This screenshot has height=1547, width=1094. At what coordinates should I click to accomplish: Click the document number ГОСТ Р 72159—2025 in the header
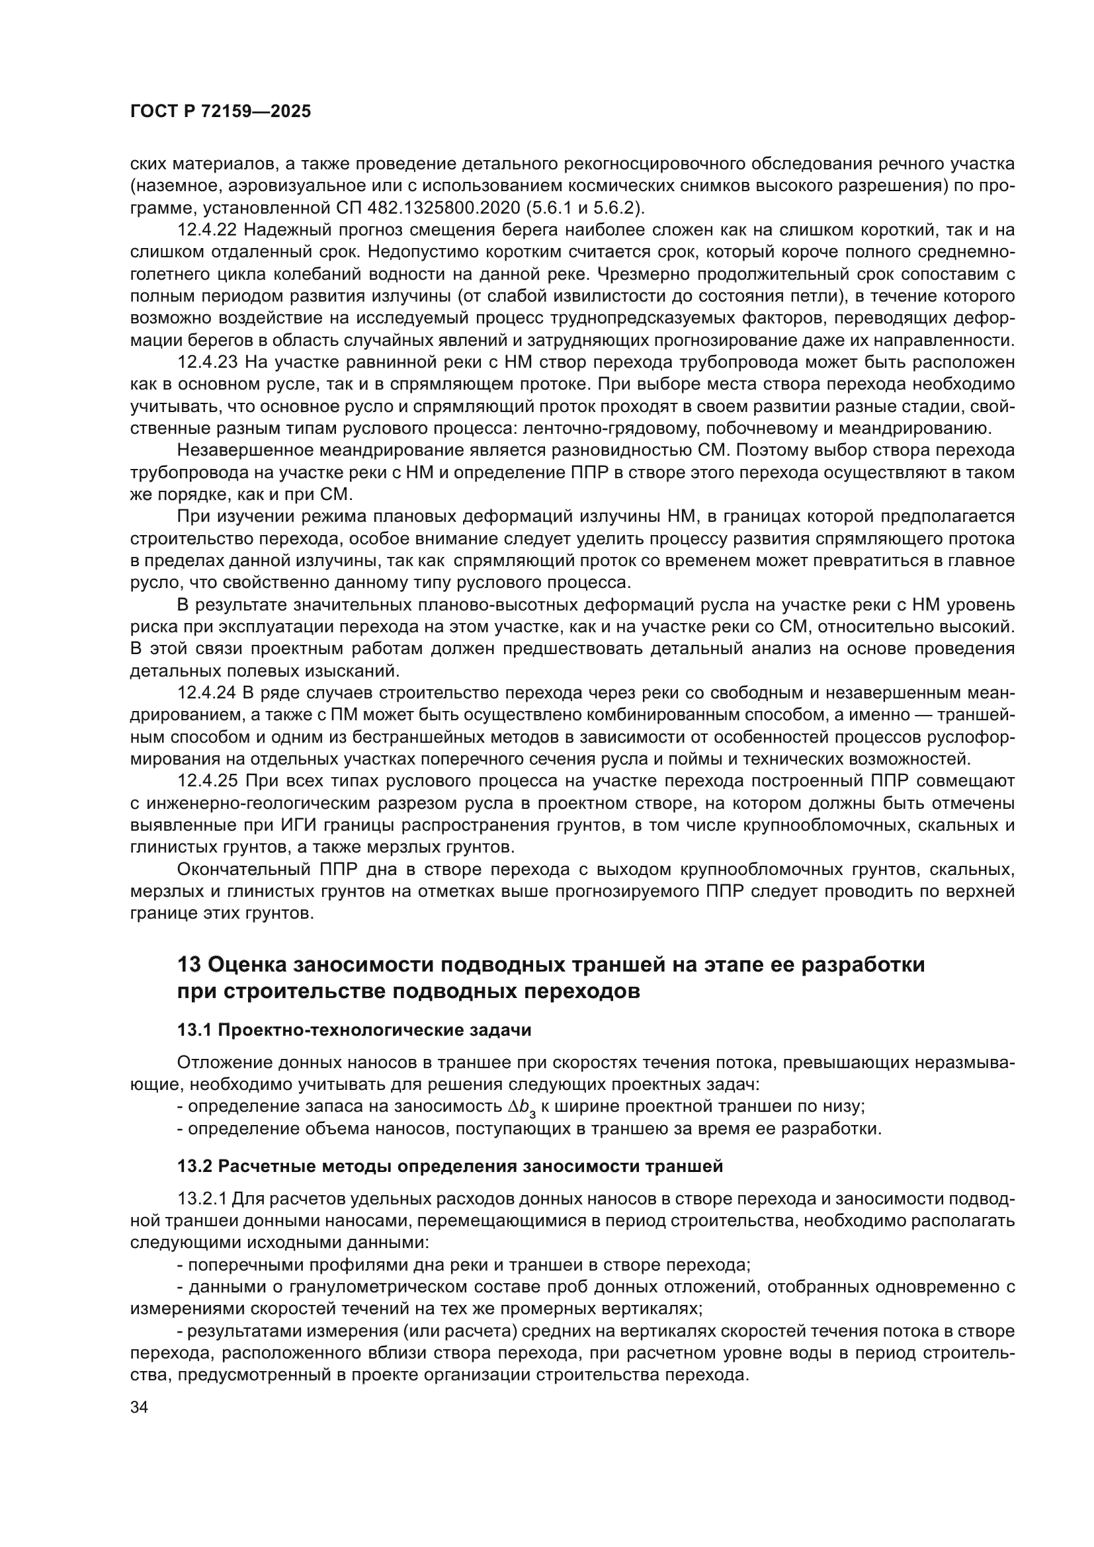[220, 112]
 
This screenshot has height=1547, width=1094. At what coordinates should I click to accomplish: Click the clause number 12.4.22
[207, 230]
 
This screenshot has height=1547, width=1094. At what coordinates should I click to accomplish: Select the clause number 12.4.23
[207, 362]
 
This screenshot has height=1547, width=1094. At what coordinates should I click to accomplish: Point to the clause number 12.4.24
[207, 693]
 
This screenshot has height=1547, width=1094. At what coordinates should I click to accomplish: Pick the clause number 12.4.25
[207, 782]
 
